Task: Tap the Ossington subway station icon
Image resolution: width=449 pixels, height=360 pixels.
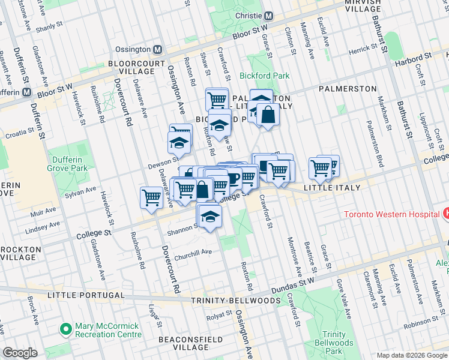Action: [x=157, y=49]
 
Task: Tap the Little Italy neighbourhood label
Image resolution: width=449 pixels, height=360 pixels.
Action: [x=332, y=188]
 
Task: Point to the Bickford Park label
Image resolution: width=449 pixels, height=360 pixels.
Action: [x=265, y=76]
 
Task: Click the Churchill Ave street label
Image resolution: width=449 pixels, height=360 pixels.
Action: [x=193, y=252]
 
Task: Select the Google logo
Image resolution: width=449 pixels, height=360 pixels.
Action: [x=20, y=353]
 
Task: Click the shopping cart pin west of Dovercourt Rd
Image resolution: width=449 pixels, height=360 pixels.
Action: [x=151, y=197]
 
